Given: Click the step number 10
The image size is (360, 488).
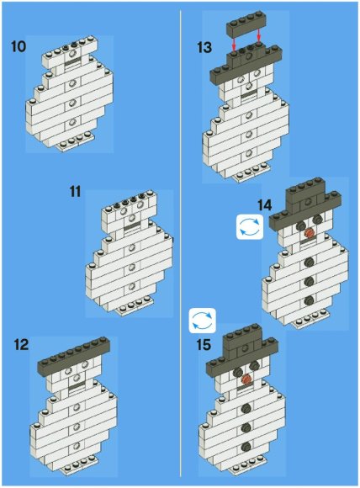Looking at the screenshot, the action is [19, 46].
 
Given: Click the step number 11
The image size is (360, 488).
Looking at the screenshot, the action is [76, 191].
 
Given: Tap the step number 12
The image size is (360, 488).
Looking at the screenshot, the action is [21, 345].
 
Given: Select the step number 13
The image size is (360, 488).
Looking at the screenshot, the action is [204, 48].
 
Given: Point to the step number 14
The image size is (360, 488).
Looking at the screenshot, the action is [264, 205].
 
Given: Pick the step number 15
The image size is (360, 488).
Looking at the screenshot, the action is [204, 345].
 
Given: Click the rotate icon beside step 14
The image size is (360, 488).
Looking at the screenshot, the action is [250, 226].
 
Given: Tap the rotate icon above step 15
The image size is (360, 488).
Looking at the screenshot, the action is [202, 321].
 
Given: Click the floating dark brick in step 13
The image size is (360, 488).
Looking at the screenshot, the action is [245, 25].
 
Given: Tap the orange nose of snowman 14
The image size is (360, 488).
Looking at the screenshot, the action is [309, 232].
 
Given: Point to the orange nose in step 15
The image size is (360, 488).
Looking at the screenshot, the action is [246, 379].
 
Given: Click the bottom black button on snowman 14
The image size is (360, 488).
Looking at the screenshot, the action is [309, 300].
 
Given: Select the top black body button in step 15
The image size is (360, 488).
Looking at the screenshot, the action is [246, 408].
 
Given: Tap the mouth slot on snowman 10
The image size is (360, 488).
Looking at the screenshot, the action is [72, 63].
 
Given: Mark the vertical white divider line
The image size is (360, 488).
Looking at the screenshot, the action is [181, 243].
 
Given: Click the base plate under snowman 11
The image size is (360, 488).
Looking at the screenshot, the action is [135, 306].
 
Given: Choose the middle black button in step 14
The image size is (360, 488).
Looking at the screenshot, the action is [309, 281].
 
